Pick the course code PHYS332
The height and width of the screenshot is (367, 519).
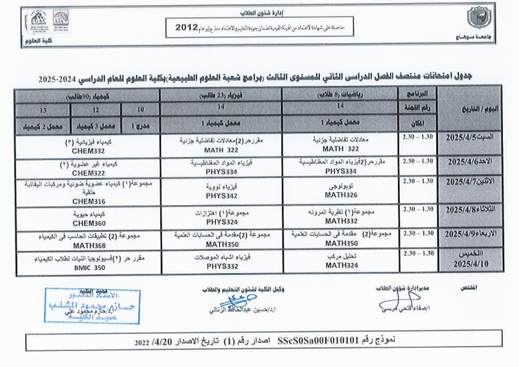coord(222,267)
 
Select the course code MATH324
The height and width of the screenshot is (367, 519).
coord(340,267)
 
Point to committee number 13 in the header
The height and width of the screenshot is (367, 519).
coord(43,109)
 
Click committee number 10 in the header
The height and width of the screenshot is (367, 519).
coord(140,109)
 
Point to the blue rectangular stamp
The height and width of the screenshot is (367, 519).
coord(101,306)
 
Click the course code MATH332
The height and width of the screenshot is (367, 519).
coord(340,221)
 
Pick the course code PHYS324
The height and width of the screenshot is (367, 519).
coord(222,221)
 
